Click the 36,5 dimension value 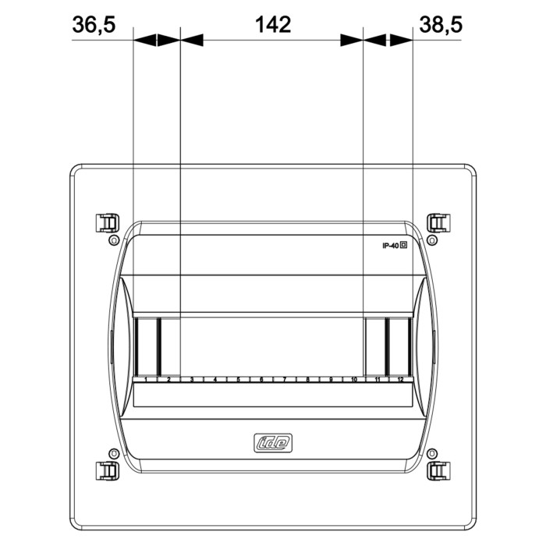coord(94,25)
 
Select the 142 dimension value coord(273,25)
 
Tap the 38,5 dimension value coord(441,25)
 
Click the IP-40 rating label coord(390,246)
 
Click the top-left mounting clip coord(105,223)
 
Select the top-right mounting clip coord(439,223)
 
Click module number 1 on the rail coord(146,380)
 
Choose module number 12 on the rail coord(400,380)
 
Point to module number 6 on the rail coord(261,380)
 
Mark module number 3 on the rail coord(192,380)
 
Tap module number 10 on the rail coord(354,380)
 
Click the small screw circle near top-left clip coord(114,240)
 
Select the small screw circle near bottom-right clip coord(431,453)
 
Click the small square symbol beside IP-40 coord(404,246)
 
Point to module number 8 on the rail coord(308,380)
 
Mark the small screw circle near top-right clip coord(431,240)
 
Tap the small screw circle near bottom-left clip coord(114,453)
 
